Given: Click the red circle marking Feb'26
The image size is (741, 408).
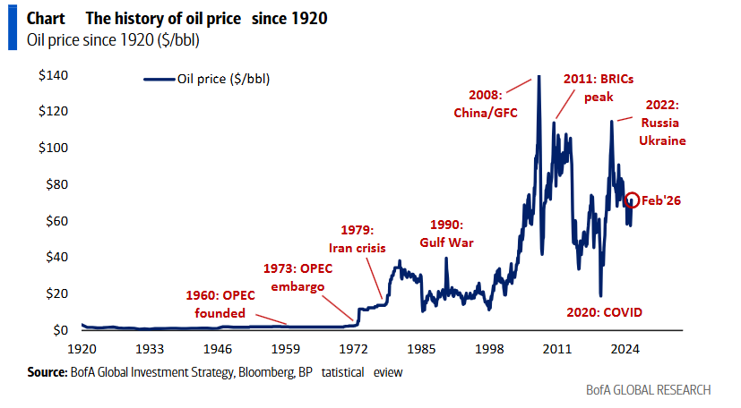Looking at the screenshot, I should [633, 200].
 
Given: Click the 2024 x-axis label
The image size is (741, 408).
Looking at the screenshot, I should [624, 349].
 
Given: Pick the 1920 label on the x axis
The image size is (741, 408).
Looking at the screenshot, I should [82, 349].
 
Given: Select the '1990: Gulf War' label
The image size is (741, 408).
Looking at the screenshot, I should [446, 232].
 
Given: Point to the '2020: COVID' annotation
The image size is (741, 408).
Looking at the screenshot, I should [606, 312].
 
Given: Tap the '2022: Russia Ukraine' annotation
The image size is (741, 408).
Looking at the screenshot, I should [661, 123].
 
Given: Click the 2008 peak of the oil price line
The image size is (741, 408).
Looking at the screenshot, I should [539, 77].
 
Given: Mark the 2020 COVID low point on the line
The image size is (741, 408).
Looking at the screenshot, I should [600, 296].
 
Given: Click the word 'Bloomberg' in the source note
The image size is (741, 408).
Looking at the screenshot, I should [259, 371].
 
